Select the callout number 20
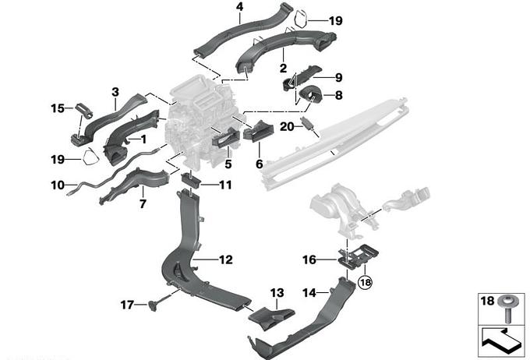click(285, 125)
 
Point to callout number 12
click(225, 259)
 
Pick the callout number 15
click(56, 108)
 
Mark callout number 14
click(309, 293)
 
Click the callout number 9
click(338, 77)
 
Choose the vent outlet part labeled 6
click(255, 134)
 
